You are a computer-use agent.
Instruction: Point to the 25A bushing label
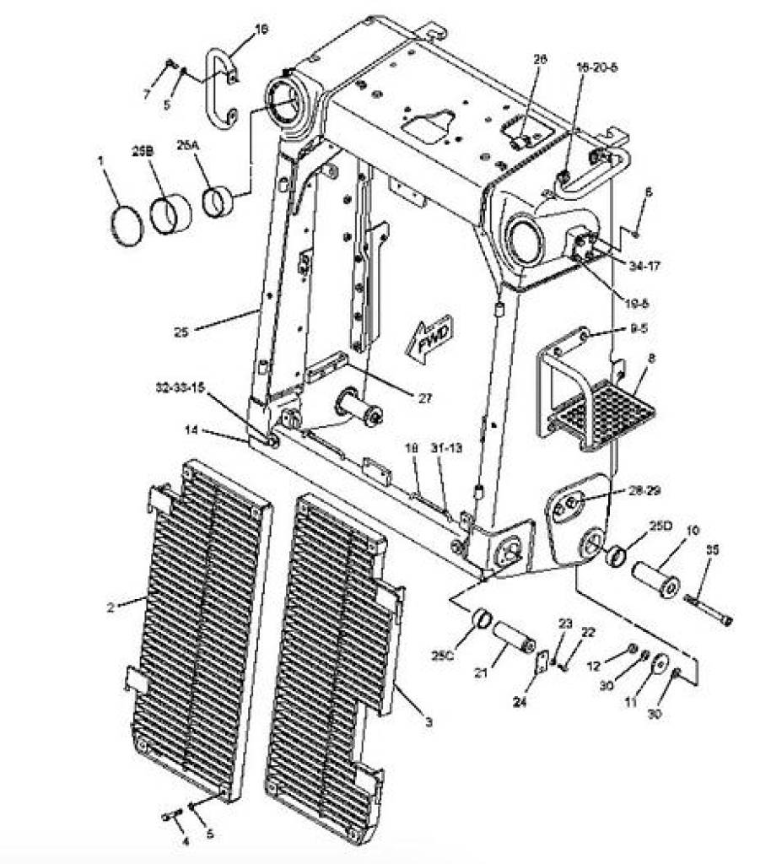click(x=187, y=144)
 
